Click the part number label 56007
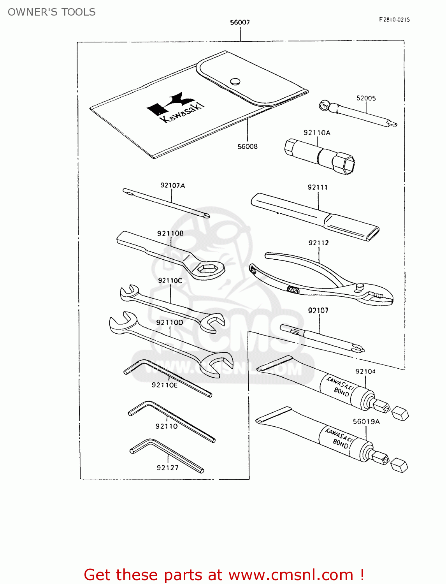[x=240, y=22]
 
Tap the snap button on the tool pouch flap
[x=235, y=81]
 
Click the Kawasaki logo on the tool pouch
[x=175, y=107]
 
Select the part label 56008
[x=248, y=146]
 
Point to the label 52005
[x=366, y=98]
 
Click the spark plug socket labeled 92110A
[x=319, y=157]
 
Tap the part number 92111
[x=318, y=187]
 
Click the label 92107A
[x=172, y=185]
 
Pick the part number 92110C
[x=170, y=280]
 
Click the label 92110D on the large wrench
[x=170, y=322]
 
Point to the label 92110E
[x=165, y=385]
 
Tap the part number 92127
[x=168, y=468]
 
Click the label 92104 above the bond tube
[x=365, y=371]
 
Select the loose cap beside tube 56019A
[x=399, y=465]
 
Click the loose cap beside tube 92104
[x=400, y=413]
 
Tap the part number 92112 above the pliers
[x=318, y=243]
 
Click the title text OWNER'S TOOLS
[x=52, y=12]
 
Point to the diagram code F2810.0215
[x=394, y=19]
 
